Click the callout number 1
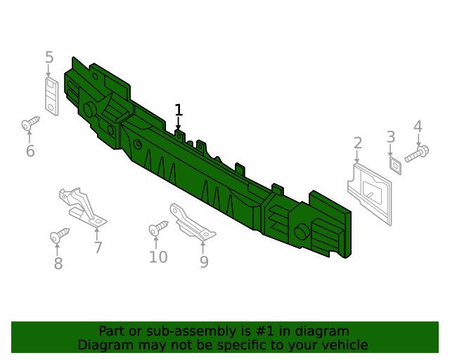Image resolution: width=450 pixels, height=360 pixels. point(179,110)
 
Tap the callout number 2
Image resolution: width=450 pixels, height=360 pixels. point(358,143)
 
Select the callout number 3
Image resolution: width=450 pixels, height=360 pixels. point(391,137)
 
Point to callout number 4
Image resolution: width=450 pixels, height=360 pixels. point(418,127)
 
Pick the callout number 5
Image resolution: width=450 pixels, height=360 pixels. point(49,57)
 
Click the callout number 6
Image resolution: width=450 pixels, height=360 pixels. point(30,151)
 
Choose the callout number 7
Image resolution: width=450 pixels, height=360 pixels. point(98,247)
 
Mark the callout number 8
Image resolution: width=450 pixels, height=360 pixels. point(58,263)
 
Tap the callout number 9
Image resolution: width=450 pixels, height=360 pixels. point(204,262)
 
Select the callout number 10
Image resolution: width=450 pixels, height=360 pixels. point(158,257)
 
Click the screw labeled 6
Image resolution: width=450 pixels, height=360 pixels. point(30,123)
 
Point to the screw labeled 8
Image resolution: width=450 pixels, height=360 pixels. point(59,235)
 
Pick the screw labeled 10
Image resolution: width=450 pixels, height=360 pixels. point(158,228)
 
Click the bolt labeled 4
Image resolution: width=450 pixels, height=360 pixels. point(417,154)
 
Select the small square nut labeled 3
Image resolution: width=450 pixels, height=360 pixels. point(395,166)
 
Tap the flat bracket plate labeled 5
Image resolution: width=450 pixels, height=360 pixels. point(51,96)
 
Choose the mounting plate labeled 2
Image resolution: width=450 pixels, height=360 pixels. point(370,194)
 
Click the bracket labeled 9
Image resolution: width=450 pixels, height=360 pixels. point(191,222)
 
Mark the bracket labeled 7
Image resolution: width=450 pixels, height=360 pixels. point(83,207)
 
